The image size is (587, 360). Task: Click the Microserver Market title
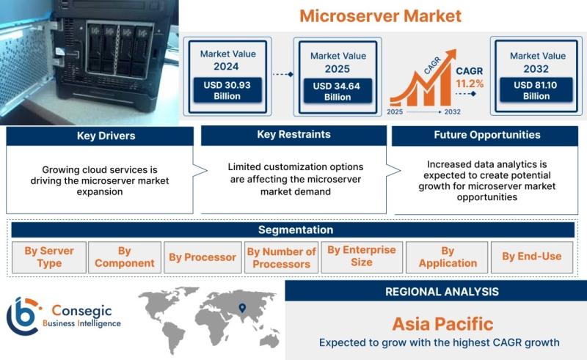pos(380,15)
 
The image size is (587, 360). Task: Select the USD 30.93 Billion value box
pos(227,90)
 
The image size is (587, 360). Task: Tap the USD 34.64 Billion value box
pos(337,91)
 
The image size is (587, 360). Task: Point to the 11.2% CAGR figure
pos(470,84)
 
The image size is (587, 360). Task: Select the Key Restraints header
pos(293,135)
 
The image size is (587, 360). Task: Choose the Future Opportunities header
pos(486,135)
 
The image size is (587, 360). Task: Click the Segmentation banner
pos(293,229)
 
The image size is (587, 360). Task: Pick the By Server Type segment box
pos(49,257)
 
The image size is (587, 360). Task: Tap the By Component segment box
pos(125,257)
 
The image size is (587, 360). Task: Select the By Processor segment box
pos(203,257)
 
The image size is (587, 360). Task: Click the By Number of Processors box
pos(281,257)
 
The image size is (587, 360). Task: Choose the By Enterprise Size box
pos(361,257)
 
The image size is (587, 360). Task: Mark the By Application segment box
pos(448,257)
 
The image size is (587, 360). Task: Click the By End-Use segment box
pos(531,257)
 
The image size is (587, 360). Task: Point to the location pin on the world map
pos(241,308)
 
